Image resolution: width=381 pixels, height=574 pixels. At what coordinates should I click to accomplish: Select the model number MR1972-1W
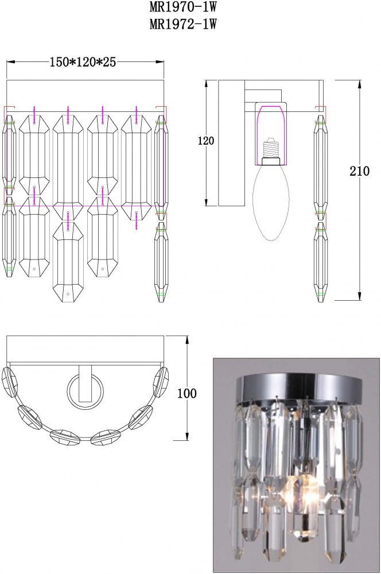[x=183, y=24]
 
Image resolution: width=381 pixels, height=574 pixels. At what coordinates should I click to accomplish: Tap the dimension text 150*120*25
[x=83, y=62]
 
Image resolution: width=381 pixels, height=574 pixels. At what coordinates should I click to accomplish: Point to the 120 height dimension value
[x=206, y=141]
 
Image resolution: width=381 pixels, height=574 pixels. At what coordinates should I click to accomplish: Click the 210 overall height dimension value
[x=359, y=171]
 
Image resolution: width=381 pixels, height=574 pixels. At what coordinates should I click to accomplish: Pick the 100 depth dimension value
[x=186, y=394]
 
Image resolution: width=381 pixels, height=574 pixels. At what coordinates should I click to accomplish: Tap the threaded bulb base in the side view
[x=271, y=148]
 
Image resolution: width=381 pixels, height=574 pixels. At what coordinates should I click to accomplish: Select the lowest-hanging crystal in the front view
[x=68, y=262]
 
